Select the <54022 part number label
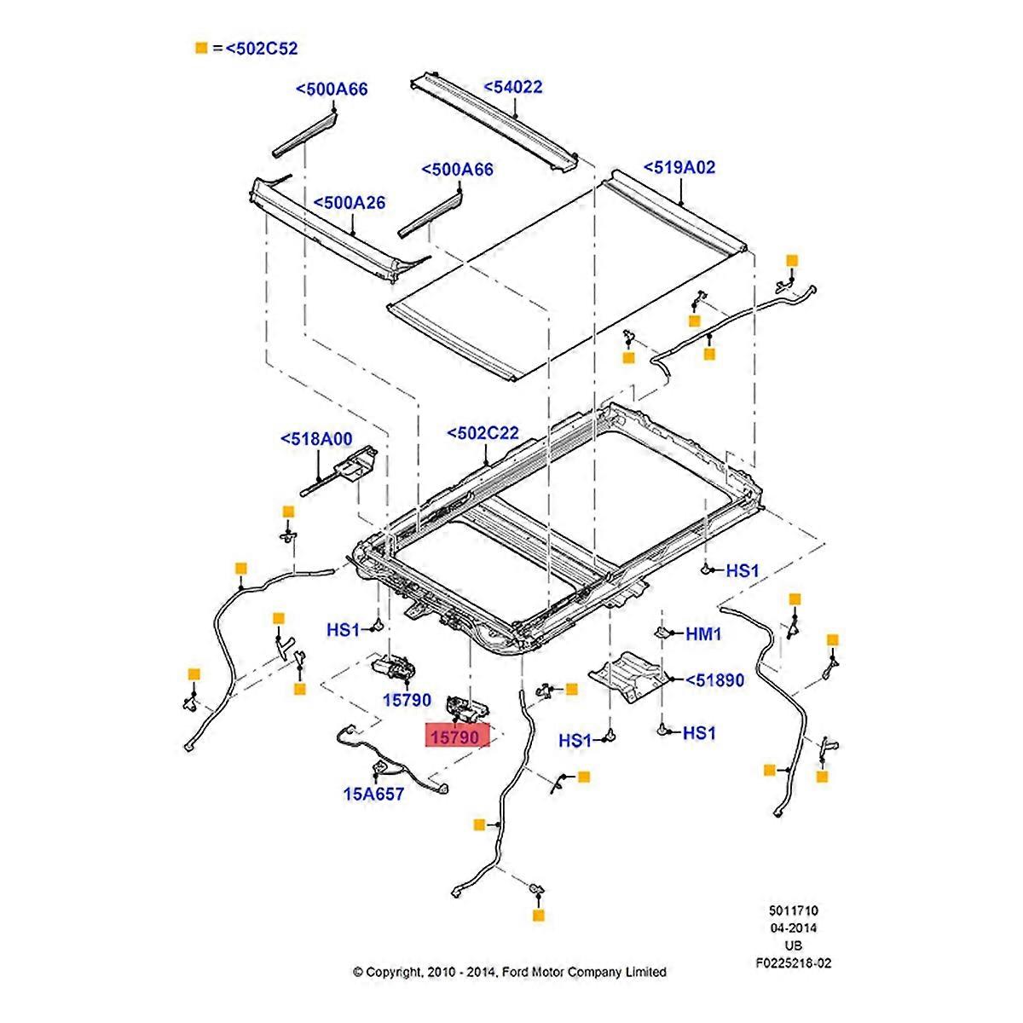click(513, 87)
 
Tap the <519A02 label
click(679, 167)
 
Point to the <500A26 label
click(349, 203)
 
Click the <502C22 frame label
click(483, 434)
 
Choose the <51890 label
click(708, 680)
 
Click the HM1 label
click(704, 633)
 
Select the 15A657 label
click(373, 794)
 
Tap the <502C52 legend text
click(261, 49)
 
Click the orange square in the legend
click(201, 49)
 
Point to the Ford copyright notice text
click(510, 971)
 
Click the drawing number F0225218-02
click(792, 963)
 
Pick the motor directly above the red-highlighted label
click(464, 706)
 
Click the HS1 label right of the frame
click(742, 570)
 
